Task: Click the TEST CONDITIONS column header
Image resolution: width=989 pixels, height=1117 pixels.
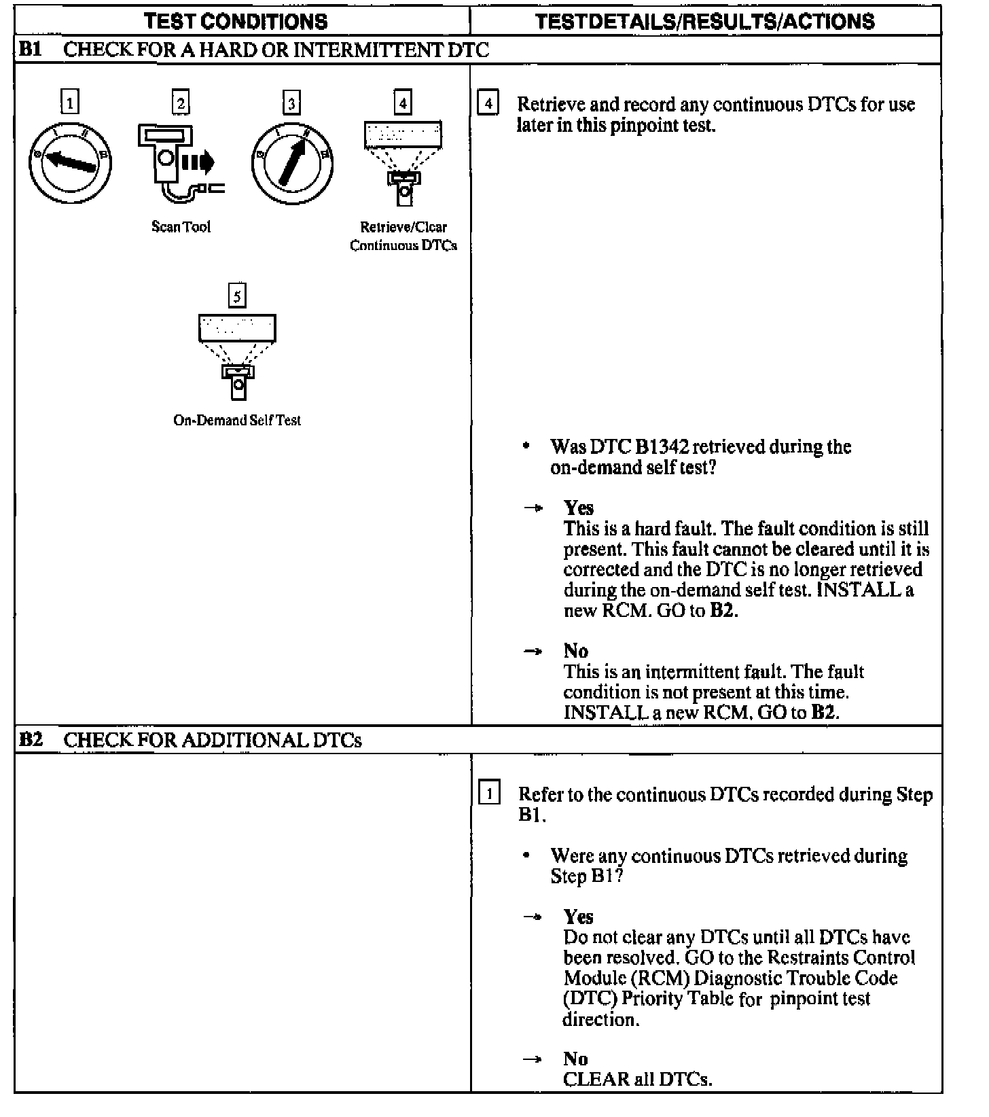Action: pyautogui.click(x=236, y=21)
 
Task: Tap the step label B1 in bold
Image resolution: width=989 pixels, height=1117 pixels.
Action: pyautogui.click(x=31, y=50)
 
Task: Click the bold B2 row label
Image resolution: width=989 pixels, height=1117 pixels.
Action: pyautogui.click(x=31, y=739)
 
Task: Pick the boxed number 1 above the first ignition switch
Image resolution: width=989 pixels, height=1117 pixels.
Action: pyautogui.click(x=70, y=103)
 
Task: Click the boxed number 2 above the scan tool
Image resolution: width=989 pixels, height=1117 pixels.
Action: pyautogui.click(x=181, y=103)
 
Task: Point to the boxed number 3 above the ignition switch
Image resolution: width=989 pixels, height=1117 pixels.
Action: pyautogui.click(x=291, y=103)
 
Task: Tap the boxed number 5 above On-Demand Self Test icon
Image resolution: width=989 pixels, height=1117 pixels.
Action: pyautogui.click(x=236, y=296)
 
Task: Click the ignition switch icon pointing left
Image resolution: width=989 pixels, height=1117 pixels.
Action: pyautogui.click(x=70, y=162)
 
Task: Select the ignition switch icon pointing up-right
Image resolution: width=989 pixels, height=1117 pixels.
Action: pyautogui.click(x=292, y=163)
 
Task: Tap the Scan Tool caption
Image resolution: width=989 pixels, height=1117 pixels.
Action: pyautogui.click(x=181, y=227)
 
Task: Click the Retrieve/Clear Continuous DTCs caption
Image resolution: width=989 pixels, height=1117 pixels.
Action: pyautogui.click(x=403, y=236)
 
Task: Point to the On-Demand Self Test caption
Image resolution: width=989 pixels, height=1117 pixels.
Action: pyautogui.click(x=236, y=421)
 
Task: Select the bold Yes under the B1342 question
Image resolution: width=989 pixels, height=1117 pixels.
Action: pyautogui.click(x=578, y=508)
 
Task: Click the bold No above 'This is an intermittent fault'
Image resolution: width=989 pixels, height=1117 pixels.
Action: pyautogui.click(x=575, y=651)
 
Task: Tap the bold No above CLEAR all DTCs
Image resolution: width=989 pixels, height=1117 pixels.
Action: pyautogui.click(x=575, y=1059)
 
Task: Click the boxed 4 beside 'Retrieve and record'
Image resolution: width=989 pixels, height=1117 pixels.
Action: pyautogui.click(x=488, y=105)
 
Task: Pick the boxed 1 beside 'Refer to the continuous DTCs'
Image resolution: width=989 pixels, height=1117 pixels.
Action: pyautogui.click(x=490, y=794)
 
